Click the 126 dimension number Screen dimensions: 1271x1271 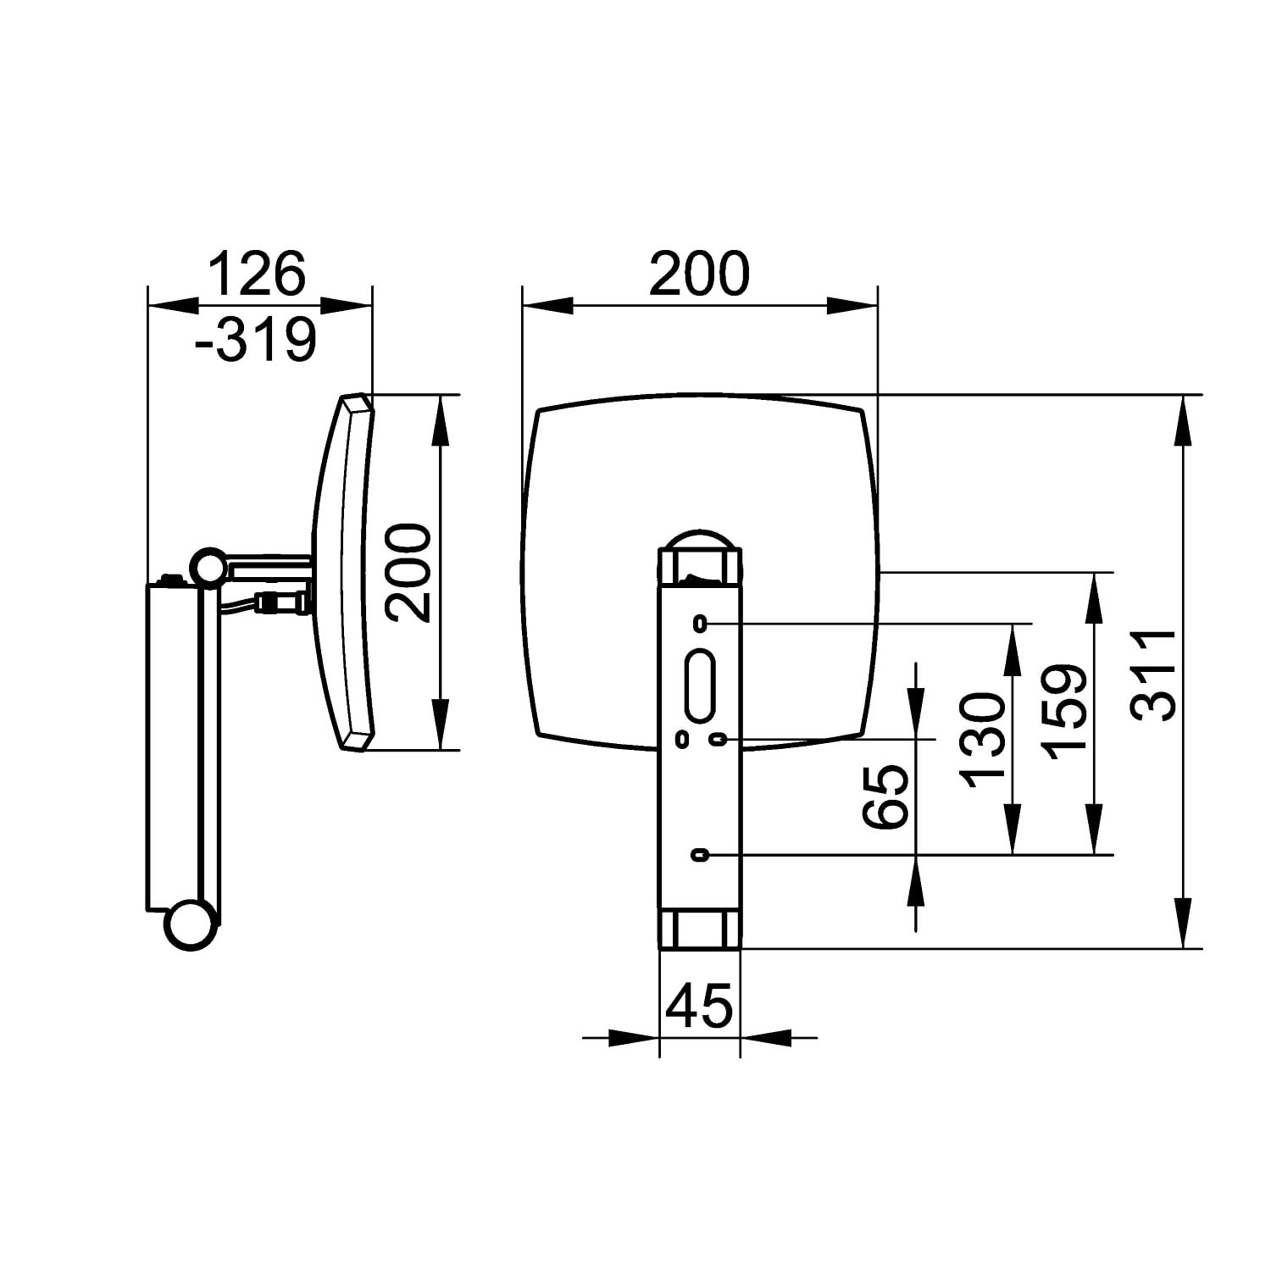[x=256, y=273]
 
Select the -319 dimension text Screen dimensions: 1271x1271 [x=255, y=339]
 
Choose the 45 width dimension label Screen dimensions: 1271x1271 [x=699, y=1007]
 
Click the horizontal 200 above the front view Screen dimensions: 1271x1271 [x=699, y=273]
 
